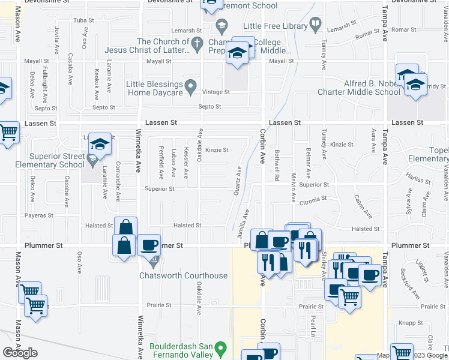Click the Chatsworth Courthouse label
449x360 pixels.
[183, 275]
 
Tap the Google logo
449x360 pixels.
[20, 353]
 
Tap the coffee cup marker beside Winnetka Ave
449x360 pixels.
[148, 245]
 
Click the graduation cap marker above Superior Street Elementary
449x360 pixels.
[99, 143]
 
